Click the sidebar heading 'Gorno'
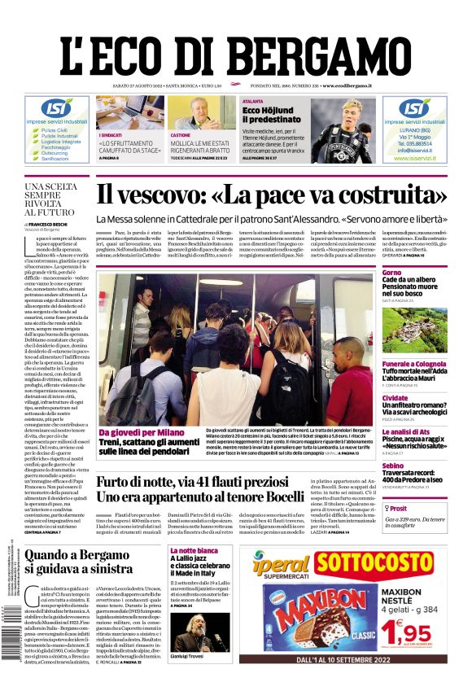pos(392,272)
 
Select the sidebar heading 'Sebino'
pos(393,466)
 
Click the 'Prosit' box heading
pos(399,507)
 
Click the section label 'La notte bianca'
pos(194,551)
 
